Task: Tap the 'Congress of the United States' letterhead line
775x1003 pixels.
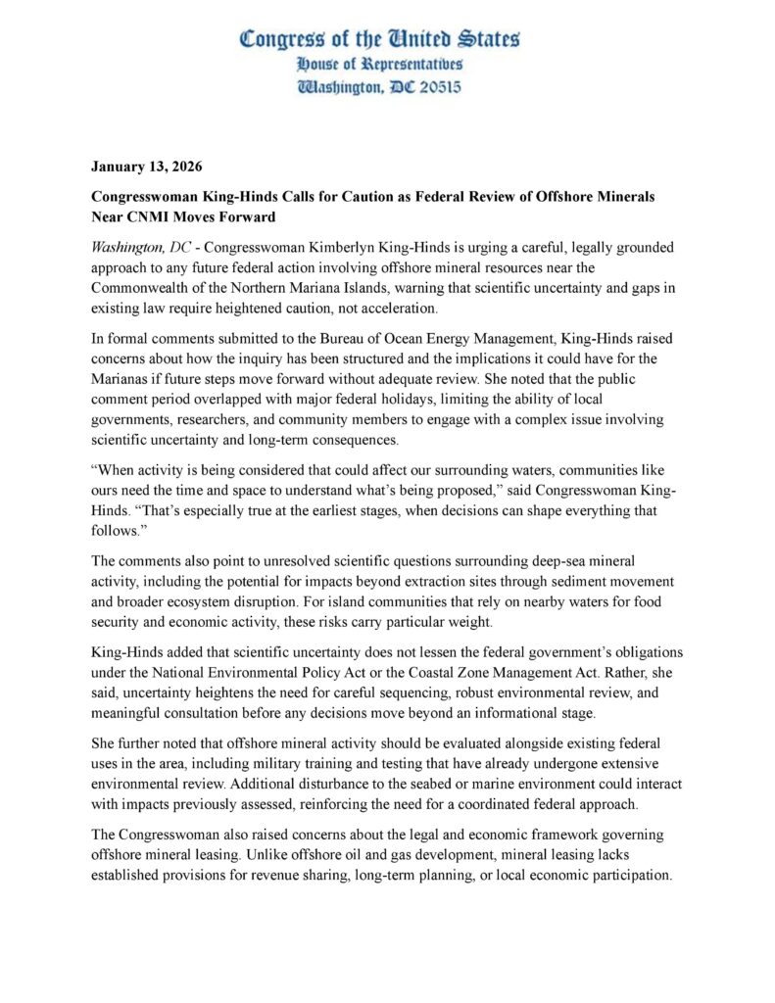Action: coord(380,39)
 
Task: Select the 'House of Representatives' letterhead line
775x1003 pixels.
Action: coord(380,64)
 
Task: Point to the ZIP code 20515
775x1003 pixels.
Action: coord(432,86)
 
